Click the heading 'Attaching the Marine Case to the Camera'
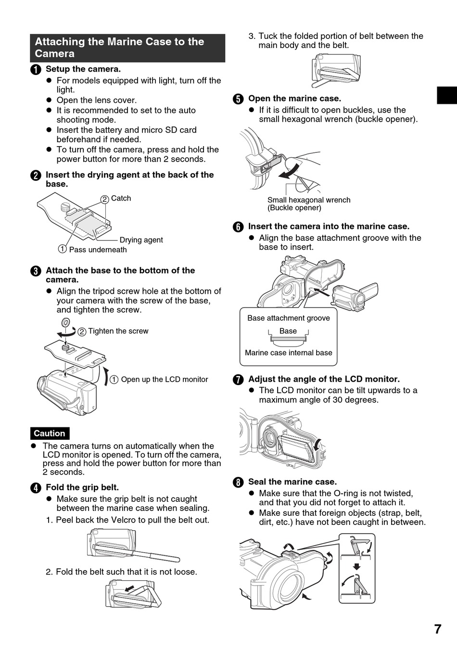(x=127, y=48)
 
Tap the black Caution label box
(x=49, y=433)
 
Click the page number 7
(x=437, y=629)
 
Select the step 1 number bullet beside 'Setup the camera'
(x=36, y=70)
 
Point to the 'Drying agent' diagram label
(x=141, y=240)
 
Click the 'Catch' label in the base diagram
(x=121, y=198)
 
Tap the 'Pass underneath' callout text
(x=98, y=249)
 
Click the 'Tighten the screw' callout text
(x=118, y=331)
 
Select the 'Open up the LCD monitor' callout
(x=164, y=379)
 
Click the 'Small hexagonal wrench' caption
(x=309, y=200)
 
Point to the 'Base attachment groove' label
(x=289, y=318)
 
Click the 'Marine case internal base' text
(x=289, y=352)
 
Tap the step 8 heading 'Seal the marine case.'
(x=292, y=482)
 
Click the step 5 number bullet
(x=238, y=99)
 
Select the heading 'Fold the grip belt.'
(x=82, y=487)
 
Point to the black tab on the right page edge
(x=446, y=95)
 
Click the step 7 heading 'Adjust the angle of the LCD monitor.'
(x=324, y=379)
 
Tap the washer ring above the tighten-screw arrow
(x=66, y=322)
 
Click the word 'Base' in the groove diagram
(x=288, y=331)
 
